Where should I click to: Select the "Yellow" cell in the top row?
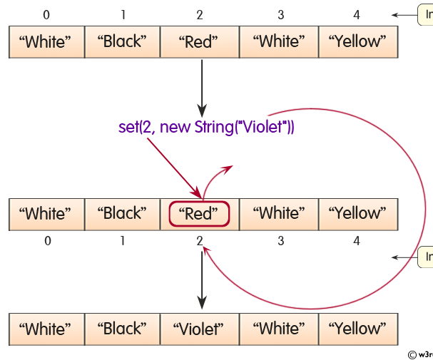[357, 42]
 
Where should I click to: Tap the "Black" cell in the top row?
[122, 42]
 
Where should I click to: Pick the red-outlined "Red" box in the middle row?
[199, 214]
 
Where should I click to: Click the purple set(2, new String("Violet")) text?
[206, 128]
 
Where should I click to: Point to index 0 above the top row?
[47, 15]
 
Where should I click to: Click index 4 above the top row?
[357, 15]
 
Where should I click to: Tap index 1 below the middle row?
[123, 241]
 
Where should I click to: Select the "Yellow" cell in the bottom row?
[357, 329]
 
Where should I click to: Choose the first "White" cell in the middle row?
[47, 214]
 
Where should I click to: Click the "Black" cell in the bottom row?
[122, 329]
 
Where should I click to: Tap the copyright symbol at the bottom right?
[412, 354]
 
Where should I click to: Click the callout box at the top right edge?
[425, 14]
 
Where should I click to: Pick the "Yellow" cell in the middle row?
[357, 214]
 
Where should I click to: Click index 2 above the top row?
[200, 15]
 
